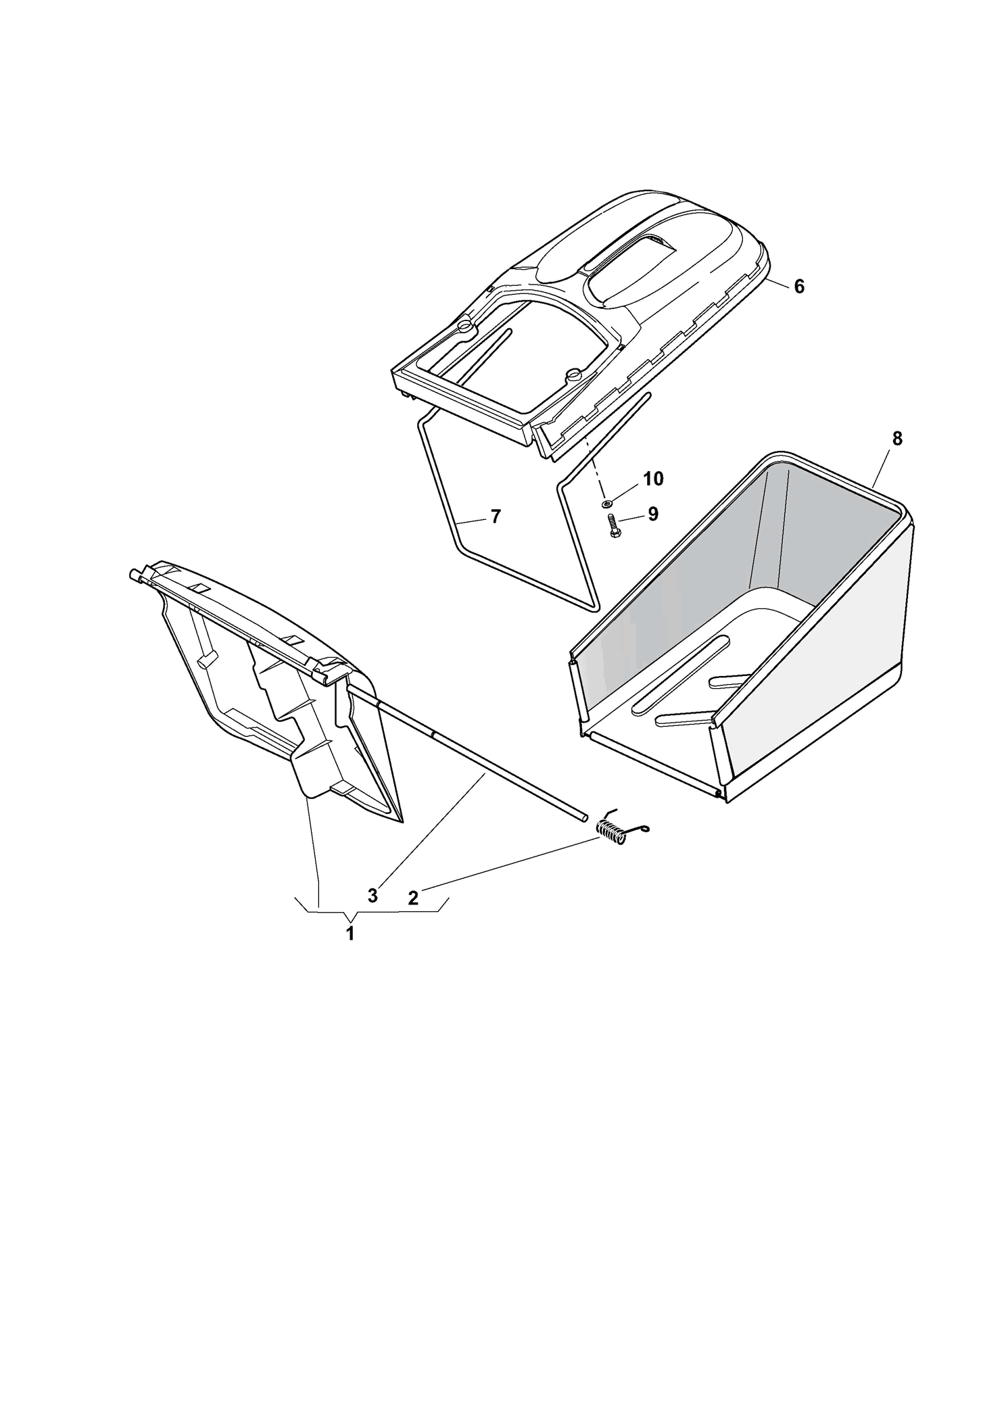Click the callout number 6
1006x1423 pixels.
799,287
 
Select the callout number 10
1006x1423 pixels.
653,479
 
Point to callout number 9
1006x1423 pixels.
652,514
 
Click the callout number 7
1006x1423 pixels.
496,516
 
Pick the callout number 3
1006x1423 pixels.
373,896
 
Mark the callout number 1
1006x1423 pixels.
350,934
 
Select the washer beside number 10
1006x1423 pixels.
606,502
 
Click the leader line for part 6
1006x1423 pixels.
777,282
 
